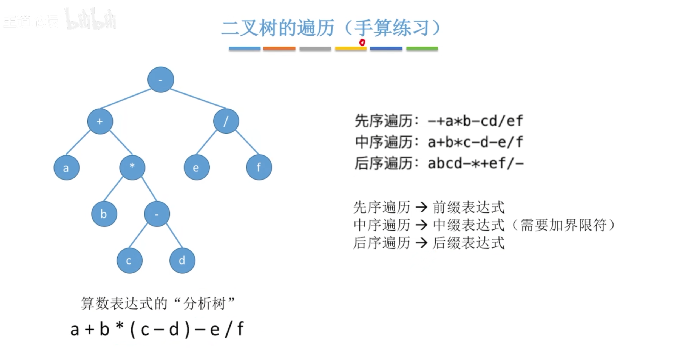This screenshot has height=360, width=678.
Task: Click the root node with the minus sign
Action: pos(161,80)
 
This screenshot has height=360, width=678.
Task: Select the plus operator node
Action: pos(100,121)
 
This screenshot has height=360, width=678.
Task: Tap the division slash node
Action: pos(226,121)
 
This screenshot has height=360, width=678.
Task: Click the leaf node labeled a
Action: pos(66,168)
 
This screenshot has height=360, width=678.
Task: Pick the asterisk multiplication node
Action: pos(132,167)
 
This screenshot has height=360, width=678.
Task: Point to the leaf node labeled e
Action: pos(197,167)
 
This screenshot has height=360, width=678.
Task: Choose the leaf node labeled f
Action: pos(259,167)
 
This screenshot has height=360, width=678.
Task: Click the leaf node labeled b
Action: pos(104,214)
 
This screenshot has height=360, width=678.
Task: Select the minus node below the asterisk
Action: pos(157,214)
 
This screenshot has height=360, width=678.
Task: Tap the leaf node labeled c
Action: pos(129,260)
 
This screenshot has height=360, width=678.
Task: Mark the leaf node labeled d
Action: pos(182,260)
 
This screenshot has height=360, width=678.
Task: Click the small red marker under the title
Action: pos(362,42)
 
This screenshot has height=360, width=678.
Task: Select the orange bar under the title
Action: pos(279,49)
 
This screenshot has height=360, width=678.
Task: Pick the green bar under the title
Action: pos(422,49)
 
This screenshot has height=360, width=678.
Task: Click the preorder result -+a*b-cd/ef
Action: pos(475,121)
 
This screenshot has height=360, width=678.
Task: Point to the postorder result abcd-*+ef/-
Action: pos(475,164)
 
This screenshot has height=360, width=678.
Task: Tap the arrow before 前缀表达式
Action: pos(421,207)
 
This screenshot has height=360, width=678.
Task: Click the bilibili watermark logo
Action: pos(90,19)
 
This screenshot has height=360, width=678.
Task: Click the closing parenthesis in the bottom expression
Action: pos(187,329)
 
